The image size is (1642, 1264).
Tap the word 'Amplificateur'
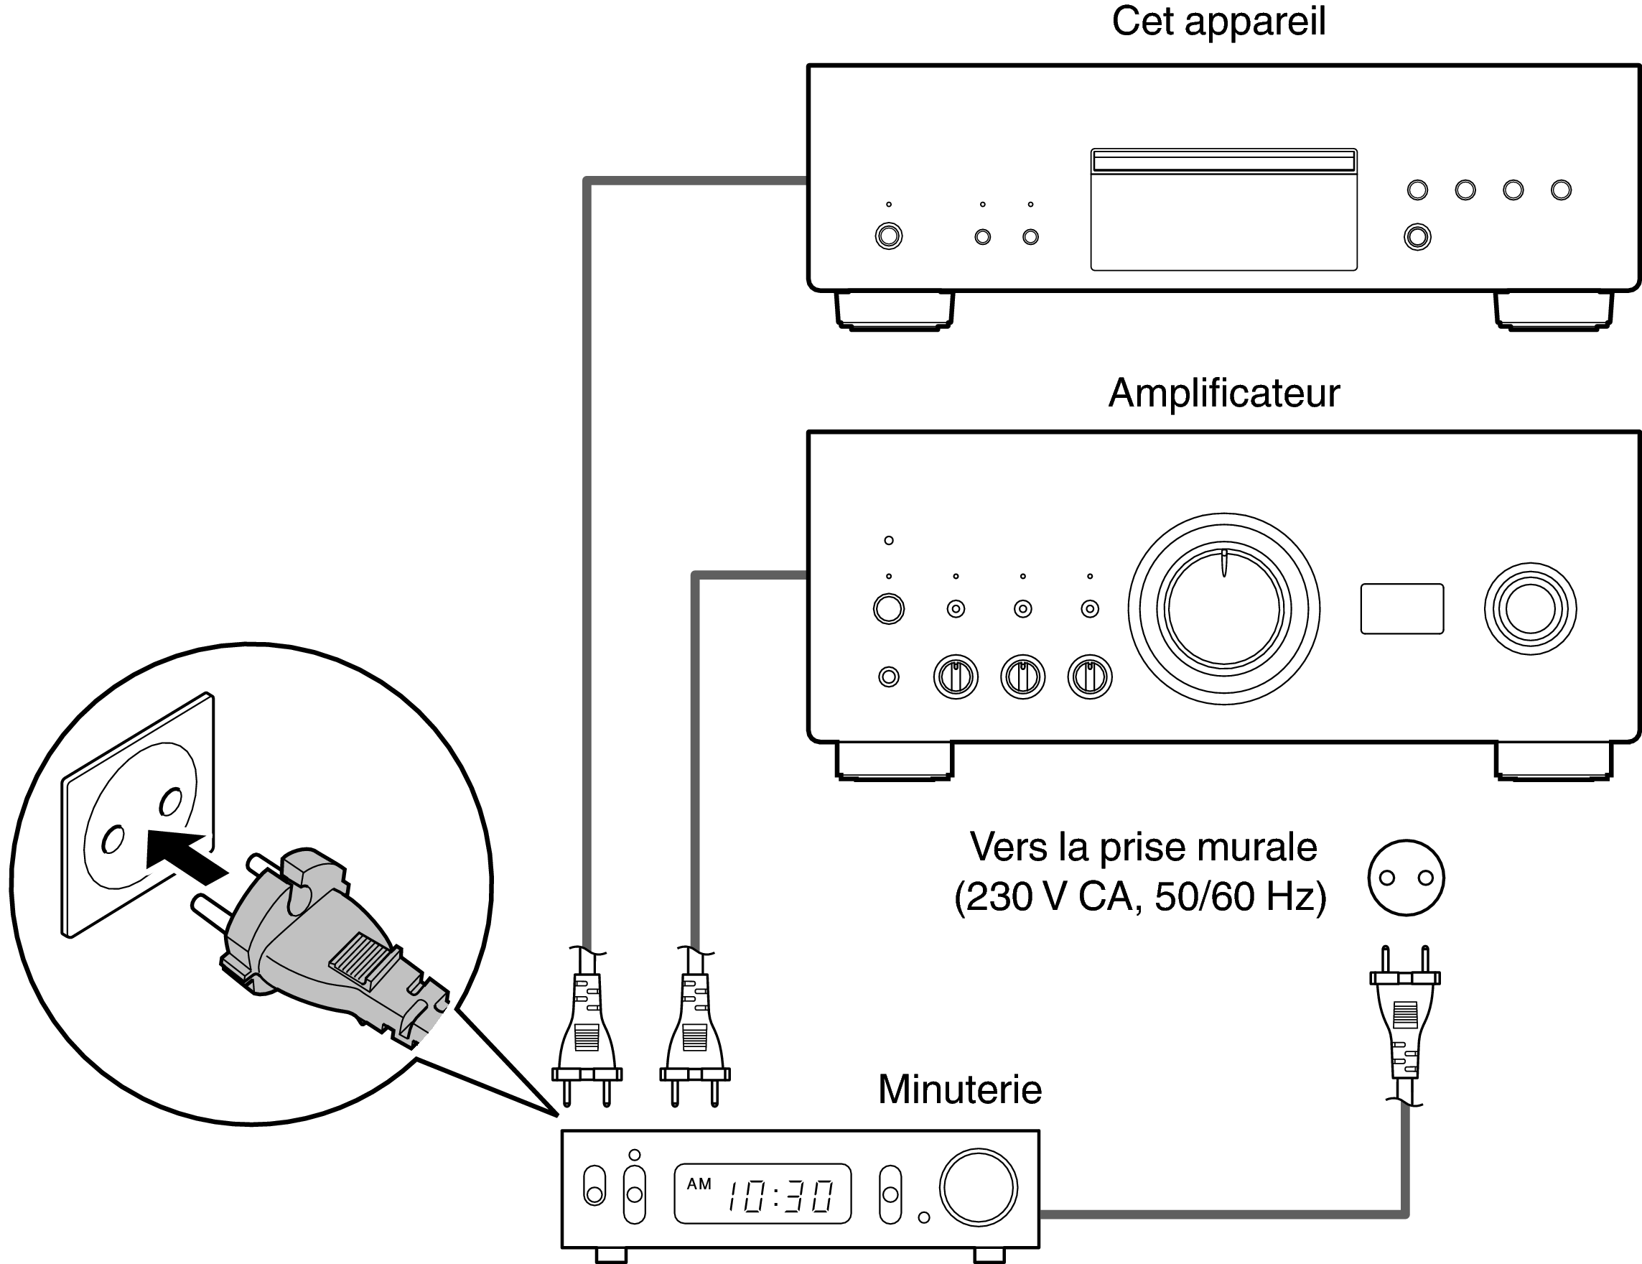coord(1223,394)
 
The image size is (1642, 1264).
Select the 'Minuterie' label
coord(959,1090)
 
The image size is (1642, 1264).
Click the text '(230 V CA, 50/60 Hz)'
coord(1139,897)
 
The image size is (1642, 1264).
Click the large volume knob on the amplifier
coord(1223,609)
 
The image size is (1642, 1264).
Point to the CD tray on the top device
coord(1223,210)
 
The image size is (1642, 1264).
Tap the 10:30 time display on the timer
coord(780,1196)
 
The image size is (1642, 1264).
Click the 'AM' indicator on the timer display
coord(699,1184)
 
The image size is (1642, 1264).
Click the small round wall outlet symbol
coord(1406,878)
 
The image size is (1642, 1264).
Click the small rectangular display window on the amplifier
coord(1401,609)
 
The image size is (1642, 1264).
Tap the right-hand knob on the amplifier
coord(1530,609)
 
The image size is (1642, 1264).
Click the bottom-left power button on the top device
coord(889,237)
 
